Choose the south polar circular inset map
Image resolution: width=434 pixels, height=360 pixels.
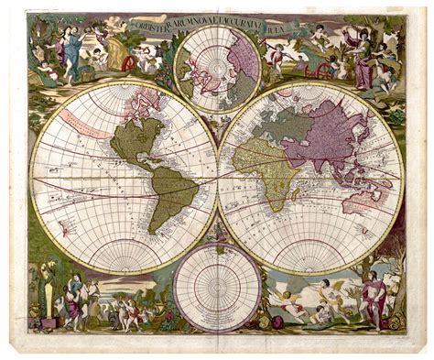217,287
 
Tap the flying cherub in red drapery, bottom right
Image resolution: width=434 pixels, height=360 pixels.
320,294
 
